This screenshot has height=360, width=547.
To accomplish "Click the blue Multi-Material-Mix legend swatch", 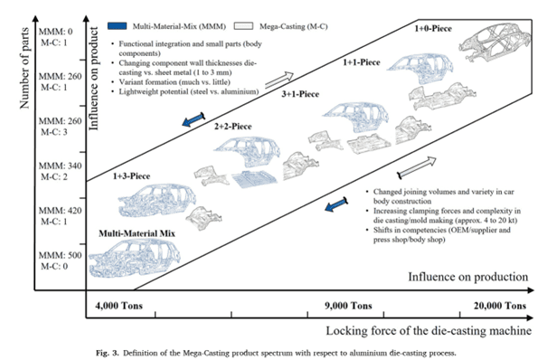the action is click(x=118, y=26).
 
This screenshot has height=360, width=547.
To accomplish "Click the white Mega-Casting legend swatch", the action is click(x=243, y=26).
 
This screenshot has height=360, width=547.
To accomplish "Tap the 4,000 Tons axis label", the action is click(x=119, y=306).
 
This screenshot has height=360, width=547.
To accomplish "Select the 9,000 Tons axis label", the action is click(x=348, y=306).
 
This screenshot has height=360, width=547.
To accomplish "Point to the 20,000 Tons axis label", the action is click(x=500, y=306).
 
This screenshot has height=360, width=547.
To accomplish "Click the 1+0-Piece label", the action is click(x=433, y=29).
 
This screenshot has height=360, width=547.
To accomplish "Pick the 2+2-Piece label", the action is click(x=232, y=127).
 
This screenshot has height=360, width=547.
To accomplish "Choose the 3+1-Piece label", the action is click(x=300, y=94).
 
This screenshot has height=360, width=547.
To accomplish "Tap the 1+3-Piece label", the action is click(x=131, y=176).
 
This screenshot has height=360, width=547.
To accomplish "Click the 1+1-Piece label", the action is click(x=361, y=62).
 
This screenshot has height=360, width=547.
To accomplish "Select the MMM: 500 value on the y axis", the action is click(x=60, y=255).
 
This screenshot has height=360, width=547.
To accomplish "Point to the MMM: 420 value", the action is click(x=60, y=211).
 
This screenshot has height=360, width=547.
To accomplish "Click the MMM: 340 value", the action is click(x=60, y=166).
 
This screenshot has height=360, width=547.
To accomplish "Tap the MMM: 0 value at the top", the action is click(x=55, y=32).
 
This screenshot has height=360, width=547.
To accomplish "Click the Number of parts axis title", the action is click(x=24, y=69).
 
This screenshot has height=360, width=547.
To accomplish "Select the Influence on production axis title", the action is click(x=467, y=277).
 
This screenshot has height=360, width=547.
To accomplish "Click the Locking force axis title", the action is click(x=429, y=330).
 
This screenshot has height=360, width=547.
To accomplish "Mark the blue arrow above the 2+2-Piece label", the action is click(x=193, y=119).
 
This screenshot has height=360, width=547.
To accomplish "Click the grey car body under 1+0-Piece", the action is click(x=495, y=43).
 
